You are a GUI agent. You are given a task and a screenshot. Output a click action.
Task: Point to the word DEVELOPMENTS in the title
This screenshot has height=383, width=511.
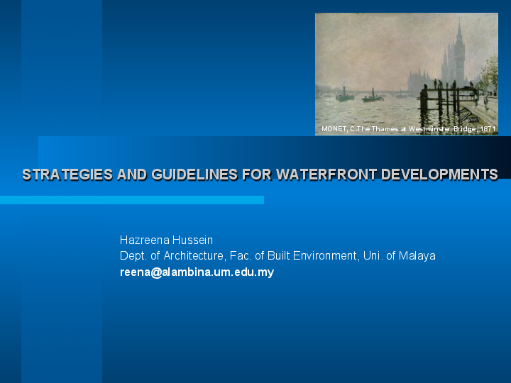point(439,174)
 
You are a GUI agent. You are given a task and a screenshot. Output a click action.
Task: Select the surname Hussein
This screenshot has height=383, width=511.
point(193,240)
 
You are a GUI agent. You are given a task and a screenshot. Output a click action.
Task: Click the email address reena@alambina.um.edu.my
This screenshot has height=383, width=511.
point(197,272)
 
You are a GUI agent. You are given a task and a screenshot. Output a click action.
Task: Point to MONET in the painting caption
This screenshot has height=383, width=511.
point(334,129)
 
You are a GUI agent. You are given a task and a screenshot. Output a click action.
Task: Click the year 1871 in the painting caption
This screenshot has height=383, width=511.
point(488,129)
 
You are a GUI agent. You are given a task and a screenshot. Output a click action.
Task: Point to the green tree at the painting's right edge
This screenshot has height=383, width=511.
point(489,74)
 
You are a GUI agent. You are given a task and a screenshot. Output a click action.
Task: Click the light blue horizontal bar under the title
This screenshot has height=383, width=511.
point(132,200)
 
